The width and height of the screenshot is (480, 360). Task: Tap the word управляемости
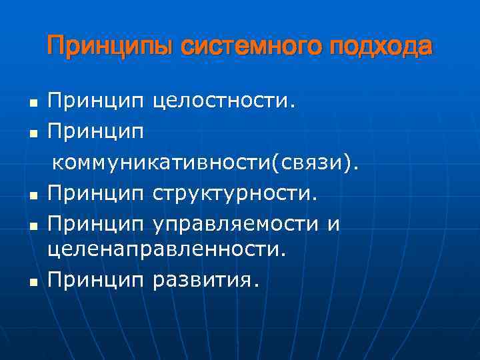pos(237,224)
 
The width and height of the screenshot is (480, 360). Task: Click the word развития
pos(203,280)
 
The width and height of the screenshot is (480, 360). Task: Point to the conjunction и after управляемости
pos(333,225)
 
